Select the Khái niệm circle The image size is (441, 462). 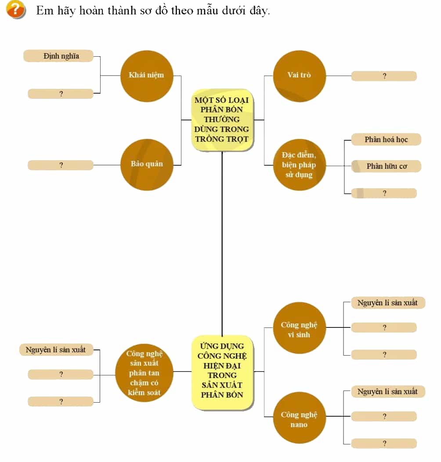pos(147,76)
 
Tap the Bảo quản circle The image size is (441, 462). pos(147,165)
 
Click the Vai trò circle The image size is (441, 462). pos(300,76)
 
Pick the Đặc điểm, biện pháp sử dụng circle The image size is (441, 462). pos(300,165)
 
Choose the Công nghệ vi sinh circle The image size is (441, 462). pos(300,327)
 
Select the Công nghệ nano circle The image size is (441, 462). pos(300,418)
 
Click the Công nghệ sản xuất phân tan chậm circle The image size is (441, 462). pos(144,373)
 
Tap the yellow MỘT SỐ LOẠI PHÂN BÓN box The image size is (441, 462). pos(222,120)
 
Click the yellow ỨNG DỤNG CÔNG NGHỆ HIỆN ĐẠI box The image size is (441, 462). pos(222,372)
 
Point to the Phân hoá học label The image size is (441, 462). pos(386,139)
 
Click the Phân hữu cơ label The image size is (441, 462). pos(386,166)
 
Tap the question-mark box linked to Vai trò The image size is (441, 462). pos(384,76)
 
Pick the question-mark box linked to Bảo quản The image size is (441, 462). pos(60,165)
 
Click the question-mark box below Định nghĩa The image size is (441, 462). pos(60,94)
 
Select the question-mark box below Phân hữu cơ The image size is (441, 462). pos(384,193)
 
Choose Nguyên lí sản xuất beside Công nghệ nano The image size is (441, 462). pos(388,392)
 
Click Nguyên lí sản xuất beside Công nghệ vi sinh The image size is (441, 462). pos(388,302)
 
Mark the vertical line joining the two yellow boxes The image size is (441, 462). pos(222,244)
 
